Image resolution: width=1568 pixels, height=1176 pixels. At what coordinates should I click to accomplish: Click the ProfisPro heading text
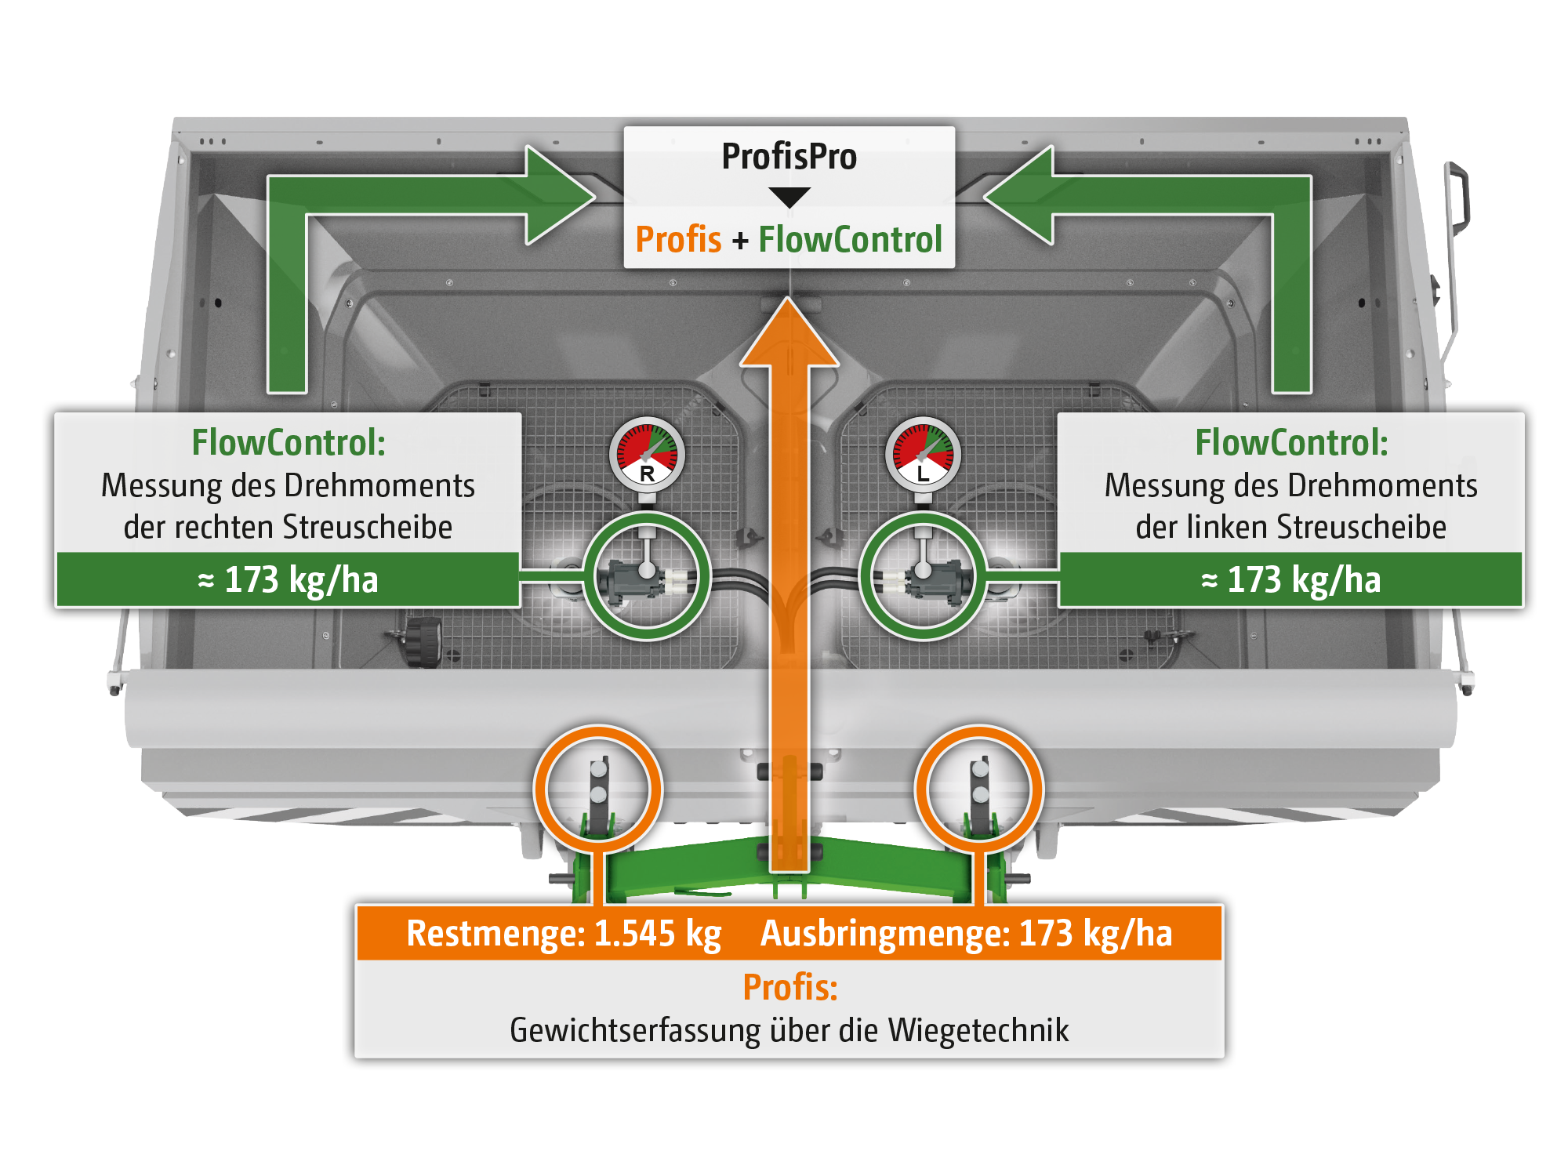(x=789, y=157)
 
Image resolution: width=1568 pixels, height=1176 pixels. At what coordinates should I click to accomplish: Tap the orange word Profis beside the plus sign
(x=678, y=239)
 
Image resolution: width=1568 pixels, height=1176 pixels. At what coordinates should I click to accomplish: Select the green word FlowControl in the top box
(x=850, y=239)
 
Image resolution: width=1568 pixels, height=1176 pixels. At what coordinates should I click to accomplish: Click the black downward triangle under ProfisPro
(x=789, y=197)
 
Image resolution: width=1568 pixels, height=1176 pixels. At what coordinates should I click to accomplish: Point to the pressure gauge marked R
(x=647, y=455)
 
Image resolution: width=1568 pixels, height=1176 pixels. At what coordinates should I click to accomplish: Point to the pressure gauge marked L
(x=923, y=455)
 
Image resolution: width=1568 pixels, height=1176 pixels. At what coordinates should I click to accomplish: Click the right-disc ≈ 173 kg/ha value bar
(x=288, y=580)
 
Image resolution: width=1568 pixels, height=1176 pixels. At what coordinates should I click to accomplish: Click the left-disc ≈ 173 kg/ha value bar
(x=1290, y=580)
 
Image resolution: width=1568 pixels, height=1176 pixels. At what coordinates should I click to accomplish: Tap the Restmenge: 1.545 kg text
(x=564, y=934)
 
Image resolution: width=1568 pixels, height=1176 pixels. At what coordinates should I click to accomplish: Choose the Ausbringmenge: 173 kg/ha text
(x=966, y=934)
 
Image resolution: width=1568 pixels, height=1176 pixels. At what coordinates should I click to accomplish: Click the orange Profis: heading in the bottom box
(x=789, y=987)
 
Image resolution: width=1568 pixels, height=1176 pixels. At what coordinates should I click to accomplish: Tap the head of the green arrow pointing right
(x=558, y=195)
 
